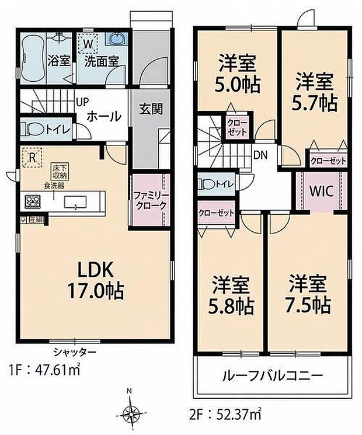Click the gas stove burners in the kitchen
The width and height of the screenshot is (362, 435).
[x=30, y=201]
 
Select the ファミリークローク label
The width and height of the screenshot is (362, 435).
[x=149, y=200]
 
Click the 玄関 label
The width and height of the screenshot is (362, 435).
[x=150, y=108]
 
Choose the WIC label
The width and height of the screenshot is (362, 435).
[x=322, y=191]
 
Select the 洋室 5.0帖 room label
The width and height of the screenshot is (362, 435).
[x=238, y=71]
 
